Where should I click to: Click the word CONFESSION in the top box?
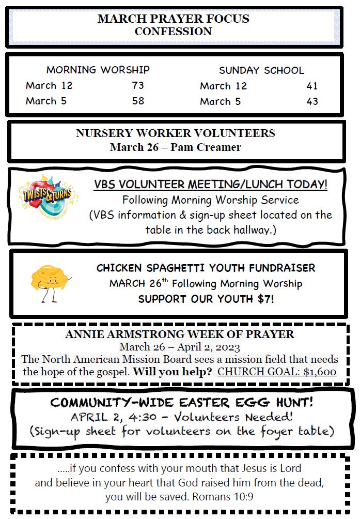pyautogui.click(x=173, y=32)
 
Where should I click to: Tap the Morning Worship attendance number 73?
pyautogui.click(x=138, y=85)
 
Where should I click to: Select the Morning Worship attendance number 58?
pyautogui.click(x=138, y=101)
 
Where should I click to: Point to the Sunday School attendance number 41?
pyautogui.click(x=312, y=86)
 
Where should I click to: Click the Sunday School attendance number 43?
pyautogui.click(x=312, y=101)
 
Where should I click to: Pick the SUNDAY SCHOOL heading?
pyautogui.click(x=261, y=70)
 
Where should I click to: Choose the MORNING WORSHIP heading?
pyautogui.click(x=98, y=69)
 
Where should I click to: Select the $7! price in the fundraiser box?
pyautogui.click(x=262, y=299)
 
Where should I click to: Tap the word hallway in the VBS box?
pyautogui.click(x=251, y=230)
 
